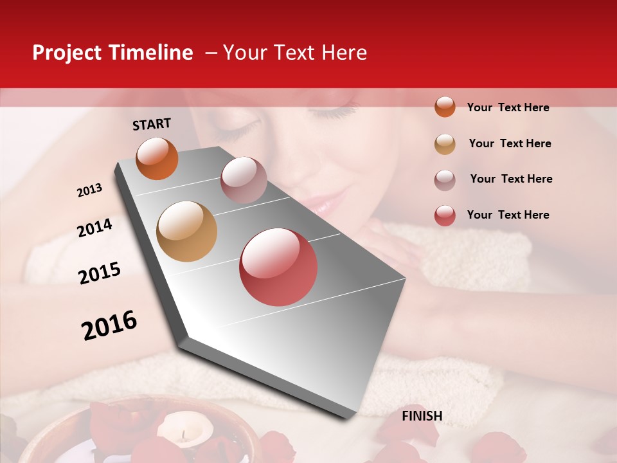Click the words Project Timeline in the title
(x=112, y=53)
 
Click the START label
(x=152, y=124)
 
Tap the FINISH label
(x=422, y=416)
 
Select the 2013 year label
(x=89, y=190)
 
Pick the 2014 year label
(x=94, y=228)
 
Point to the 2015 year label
(x=100, y=273)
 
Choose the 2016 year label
(x=109, y=325)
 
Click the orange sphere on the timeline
(x=157, y=159)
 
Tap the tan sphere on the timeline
(x=187, y=232)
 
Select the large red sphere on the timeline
(x=278, y=267)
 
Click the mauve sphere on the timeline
(x=244, y=179)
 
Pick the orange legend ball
(x=445, y=107)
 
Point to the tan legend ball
(x=445, y=144)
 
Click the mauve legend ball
(x=445, y=180)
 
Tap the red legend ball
(x=445, y=215)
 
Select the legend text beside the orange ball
(x=508, y=107)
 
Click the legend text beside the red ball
(x=508, y=215)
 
